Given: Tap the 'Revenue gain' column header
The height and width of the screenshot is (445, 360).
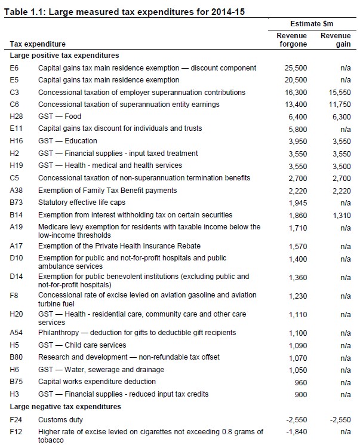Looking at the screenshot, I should click(x=336, y=39).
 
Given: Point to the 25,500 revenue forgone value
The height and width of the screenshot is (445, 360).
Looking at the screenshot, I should click(x=296, y=68).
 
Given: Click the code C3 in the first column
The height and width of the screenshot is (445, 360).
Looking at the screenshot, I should click(x=15, y=93).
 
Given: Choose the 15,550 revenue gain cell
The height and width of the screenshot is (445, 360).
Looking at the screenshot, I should click(x=339, y=93).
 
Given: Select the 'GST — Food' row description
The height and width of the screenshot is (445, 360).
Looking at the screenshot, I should click(x=60, y=116).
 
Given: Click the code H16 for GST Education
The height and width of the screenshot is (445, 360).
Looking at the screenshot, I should click(x=17, y=141).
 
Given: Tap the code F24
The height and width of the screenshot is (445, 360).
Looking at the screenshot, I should click(x=17, y=420).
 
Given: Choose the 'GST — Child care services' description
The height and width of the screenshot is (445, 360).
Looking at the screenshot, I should click(x=82, y=345).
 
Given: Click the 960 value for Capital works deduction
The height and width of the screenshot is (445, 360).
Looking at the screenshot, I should click(x=300, y=382).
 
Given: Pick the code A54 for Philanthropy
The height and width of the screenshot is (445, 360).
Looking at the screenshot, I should click(x=17, y=333).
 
